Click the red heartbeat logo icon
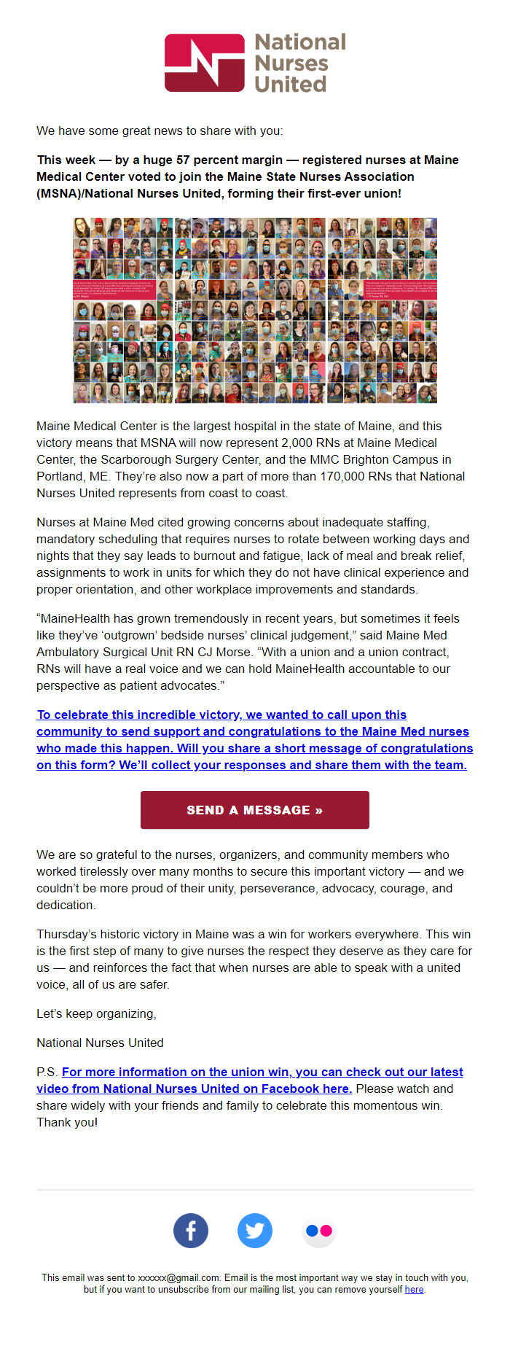pos(204,63)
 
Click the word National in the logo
pos(300,42)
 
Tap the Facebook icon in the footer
pos(191,1231)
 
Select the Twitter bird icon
pos(255,1231)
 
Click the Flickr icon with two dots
pos(319,1231)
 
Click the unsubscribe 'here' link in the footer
pos(414,1289)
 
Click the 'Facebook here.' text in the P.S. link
pos(313,1089)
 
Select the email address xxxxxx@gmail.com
pos(178,1277)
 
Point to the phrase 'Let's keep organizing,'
pos(96,1013)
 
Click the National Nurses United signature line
pos(100,1043)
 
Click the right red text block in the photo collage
pos(401,289)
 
